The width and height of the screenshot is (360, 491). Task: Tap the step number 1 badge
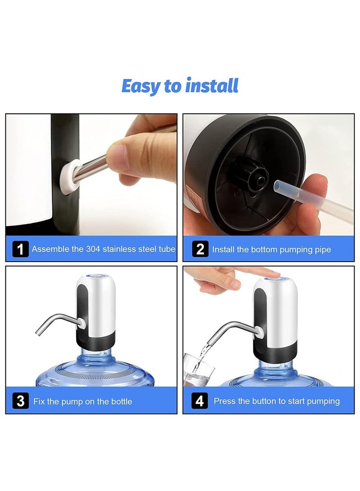point(20,249)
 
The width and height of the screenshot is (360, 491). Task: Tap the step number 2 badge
point(200,249)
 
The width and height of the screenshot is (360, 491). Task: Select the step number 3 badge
point(20,401)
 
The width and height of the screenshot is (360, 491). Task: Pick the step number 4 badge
point(200,401)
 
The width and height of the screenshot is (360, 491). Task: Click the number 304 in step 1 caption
point(93,249)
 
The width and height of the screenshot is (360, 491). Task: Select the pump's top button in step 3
point(95,279)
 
